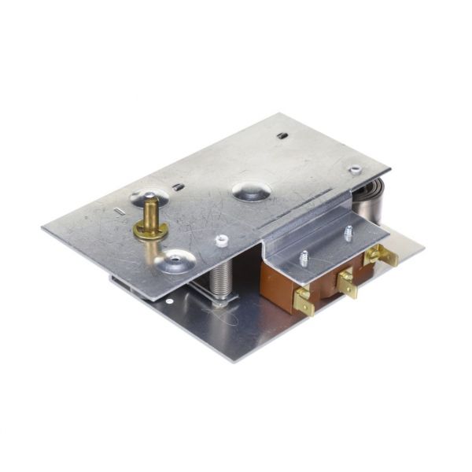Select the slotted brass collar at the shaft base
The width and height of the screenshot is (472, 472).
(x=149, y=230)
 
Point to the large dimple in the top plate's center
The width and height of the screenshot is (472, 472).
(x=251, y=190)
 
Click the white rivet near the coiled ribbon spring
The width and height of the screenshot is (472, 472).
(x=356, y=169)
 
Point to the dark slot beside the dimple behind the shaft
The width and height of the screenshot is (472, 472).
(x=179, y=187)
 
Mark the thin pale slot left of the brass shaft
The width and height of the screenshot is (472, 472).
(x=119, y=211)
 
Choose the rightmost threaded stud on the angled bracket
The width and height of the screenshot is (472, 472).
(x=347, y=233)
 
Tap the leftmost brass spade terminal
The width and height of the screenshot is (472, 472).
(x=303, y=301)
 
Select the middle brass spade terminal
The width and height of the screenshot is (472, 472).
(x=346, y=281)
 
